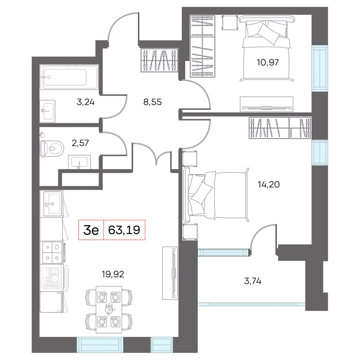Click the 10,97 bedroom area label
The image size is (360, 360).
click(x=268, y=62)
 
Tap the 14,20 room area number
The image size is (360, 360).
click(x=269, y=184)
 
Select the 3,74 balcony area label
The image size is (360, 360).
click(x=253, y=281)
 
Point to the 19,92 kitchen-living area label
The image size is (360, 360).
click(x=113, y=274)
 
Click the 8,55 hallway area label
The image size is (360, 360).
click(x=152, y=102)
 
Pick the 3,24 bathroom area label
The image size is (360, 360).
click(x=85, y=102)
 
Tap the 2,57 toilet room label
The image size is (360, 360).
click(x=80, y=143)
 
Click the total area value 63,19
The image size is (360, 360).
click(x=124, y=230)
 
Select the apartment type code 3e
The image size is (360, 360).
click(x=91, y=230)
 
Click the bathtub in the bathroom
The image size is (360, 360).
click(x=69, y=77)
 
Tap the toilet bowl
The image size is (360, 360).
click(x=52, y=148)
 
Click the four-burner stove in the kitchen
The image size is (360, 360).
click(x=53, y=252)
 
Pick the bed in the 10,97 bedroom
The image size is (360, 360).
click(x=266, y=49)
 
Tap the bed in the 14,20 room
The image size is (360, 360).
click(x=216, y=195)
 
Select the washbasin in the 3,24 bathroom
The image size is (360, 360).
click(x=47, y=111)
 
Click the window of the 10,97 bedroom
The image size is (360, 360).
click(x=320, y=68)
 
